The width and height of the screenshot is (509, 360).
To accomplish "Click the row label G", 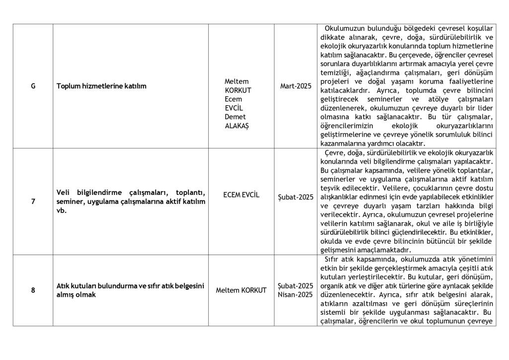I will pyautogui.click(x=33, y=86).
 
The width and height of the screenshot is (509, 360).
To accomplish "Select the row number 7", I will pyautogui.click(x=33, y=201).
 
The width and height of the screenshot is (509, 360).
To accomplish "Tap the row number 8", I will pyautogui.click(x=33, y=290).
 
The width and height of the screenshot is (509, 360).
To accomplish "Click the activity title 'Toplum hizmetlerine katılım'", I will pyautogui.click(x=101, y=86).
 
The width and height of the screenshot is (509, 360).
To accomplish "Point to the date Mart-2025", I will pyautogui.click(x=296, y=86).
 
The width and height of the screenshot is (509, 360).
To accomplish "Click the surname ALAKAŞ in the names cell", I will pyautogui.click(x=237, y=126).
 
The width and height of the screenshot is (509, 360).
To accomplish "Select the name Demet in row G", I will pyautogui.click(x=235, y=117).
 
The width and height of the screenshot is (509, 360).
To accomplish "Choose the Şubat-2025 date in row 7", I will pyautogui.click(x=296, y=197).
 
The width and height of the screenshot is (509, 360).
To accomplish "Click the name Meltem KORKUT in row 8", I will pyautogui.click(x=241, y=290).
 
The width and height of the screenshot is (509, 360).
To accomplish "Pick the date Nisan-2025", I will pyautogui.click(x=295, y=294).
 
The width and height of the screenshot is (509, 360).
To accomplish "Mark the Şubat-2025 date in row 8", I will pyautogui.click(x=295, y=286).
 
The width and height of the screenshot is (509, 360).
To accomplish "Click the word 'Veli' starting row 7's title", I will pyautogui.click(x=63, y=192).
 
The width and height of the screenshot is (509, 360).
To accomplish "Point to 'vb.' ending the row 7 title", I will pyautogui.click(x=61, y=210).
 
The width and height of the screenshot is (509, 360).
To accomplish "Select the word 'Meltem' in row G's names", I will pyautogui.click(x=237, y=81).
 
